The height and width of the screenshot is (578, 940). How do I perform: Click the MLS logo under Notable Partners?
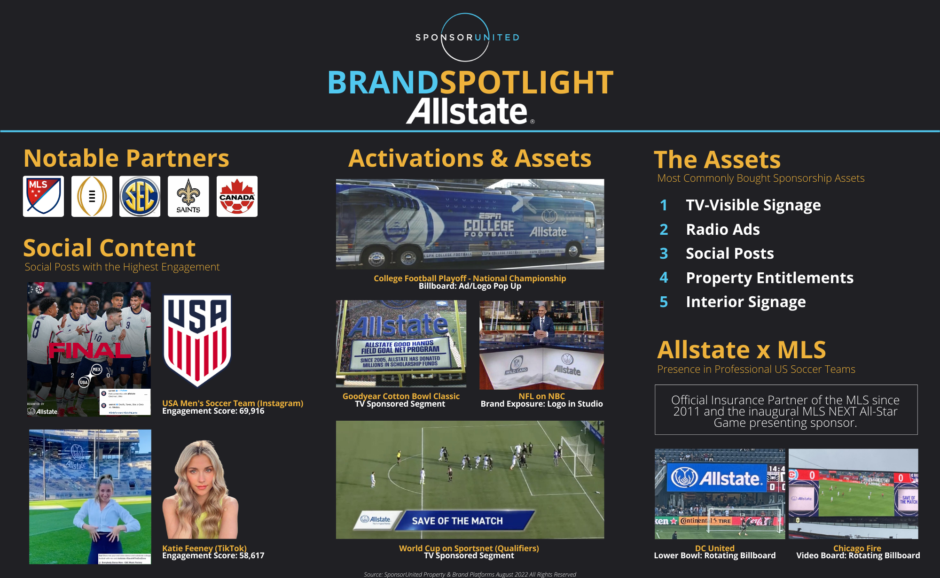[x=43, y=196]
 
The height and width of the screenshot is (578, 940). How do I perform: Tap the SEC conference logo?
[x=140, y=196]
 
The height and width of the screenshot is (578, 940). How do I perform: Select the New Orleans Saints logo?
[x=188, y=196]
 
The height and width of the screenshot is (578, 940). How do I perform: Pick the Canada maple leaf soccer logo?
[x=237, y=196]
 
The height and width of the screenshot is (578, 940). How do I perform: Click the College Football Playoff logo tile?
[x=92, y=196]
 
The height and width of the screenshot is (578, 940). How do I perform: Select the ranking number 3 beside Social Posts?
[x=664, y=254]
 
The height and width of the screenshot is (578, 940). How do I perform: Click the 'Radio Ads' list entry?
[x=722, y=230]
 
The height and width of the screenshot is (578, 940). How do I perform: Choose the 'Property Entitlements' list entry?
[x=769, y=278]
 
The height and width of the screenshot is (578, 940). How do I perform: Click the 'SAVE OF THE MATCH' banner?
[x=457, y=521]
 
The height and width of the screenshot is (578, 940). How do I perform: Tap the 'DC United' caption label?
[x=714, y=548]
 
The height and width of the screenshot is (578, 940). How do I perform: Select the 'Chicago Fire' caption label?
[x=857, y=548]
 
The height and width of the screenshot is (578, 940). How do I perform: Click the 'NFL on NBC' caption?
[x=541, y=396]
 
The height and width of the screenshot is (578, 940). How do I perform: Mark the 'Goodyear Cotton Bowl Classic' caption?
[x=401, y=396]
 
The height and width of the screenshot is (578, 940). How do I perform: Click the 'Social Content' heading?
[x=109, y=248]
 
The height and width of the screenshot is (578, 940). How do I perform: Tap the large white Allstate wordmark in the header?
[x=467, y=111]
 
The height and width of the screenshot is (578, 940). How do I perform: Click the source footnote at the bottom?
[x=470, y=574]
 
